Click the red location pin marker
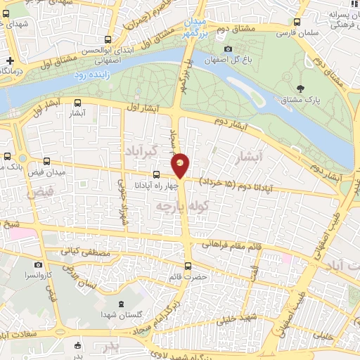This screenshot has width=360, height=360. pos(181,164)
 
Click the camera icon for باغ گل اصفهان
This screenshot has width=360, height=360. pos(228,49)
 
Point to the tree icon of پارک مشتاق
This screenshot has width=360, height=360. pos(301,89)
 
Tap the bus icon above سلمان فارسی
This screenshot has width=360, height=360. pos(297,22)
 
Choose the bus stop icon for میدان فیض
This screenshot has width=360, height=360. pos(46,161)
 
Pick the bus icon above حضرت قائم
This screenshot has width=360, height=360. pos(188,266)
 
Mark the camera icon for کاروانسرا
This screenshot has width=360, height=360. pos(37,265)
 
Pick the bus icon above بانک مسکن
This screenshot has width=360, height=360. pos(7,156)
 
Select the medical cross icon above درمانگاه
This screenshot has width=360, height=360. pos(8,60)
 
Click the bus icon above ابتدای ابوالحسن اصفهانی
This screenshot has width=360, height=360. pos(107,40)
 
